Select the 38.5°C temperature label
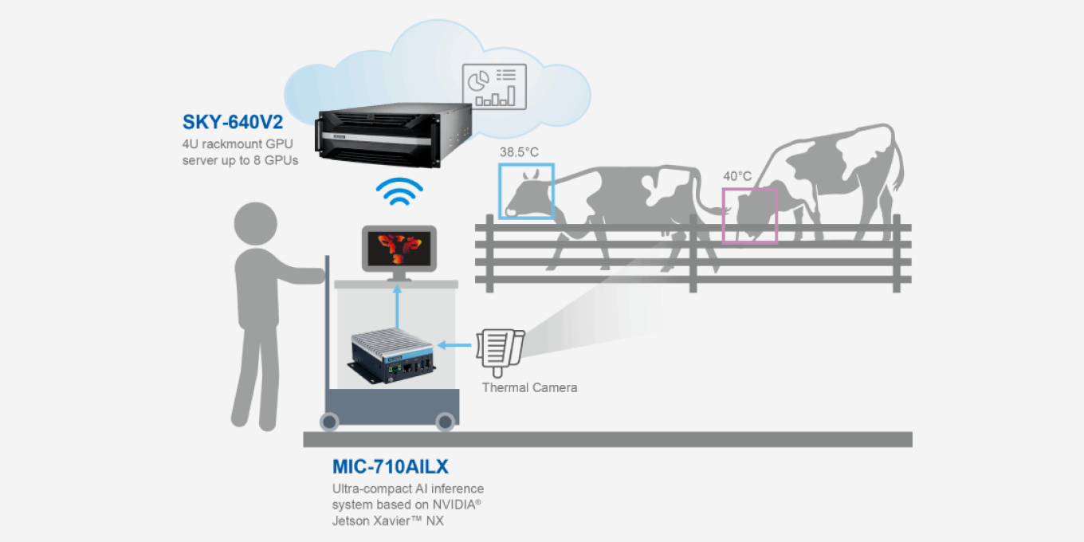(519, 151)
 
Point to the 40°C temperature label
(736, 175)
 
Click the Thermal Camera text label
(529, 387)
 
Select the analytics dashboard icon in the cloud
(494, 85)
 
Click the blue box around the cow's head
(526, 190)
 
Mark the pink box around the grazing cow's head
(749, 215)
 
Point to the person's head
(257, 224)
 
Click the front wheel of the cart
(445, 420)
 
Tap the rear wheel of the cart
(330, 420)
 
